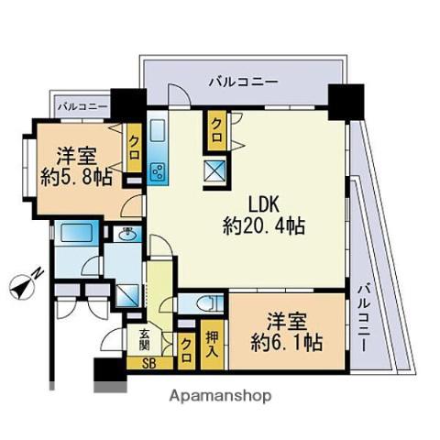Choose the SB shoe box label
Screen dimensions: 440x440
tap(147, 363)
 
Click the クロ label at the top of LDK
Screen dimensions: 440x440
tap(216, 125)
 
